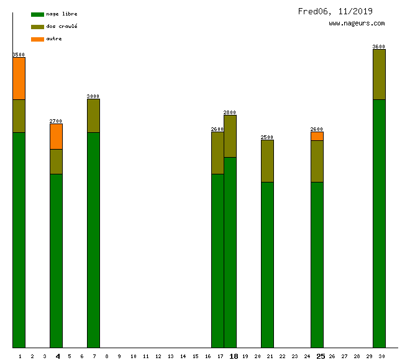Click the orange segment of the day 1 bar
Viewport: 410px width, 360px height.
point(19,78)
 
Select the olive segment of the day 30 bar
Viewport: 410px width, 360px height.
point(379,74)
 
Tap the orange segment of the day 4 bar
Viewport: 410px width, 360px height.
point(56,136)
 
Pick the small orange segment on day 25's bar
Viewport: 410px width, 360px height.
point(317,136)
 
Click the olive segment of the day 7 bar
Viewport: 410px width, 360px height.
point(93,115)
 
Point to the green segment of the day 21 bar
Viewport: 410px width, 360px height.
point(267,264)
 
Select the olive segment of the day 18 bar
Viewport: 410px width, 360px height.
point(230,136)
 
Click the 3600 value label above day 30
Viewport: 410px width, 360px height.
point(379,47)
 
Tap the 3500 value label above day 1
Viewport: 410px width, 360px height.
point(19,55)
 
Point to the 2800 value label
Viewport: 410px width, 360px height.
point(230,112)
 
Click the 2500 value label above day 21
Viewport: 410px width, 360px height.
point(267,137)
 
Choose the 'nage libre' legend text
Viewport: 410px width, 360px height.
point(62,14)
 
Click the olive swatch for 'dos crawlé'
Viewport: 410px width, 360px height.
point(37,27)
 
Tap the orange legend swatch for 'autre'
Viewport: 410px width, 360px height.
point(37,39)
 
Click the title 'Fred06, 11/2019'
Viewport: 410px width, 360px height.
point(335,11)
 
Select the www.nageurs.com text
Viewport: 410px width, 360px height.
point(357,24)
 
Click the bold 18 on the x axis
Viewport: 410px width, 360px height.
point(234,356)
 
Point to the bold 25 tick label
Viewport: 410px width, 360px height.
point(321,356)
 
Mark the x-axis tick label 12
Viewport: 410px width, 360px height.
point(158,356)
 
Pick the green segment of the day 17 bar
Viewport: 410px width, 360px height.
point(217,261)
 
